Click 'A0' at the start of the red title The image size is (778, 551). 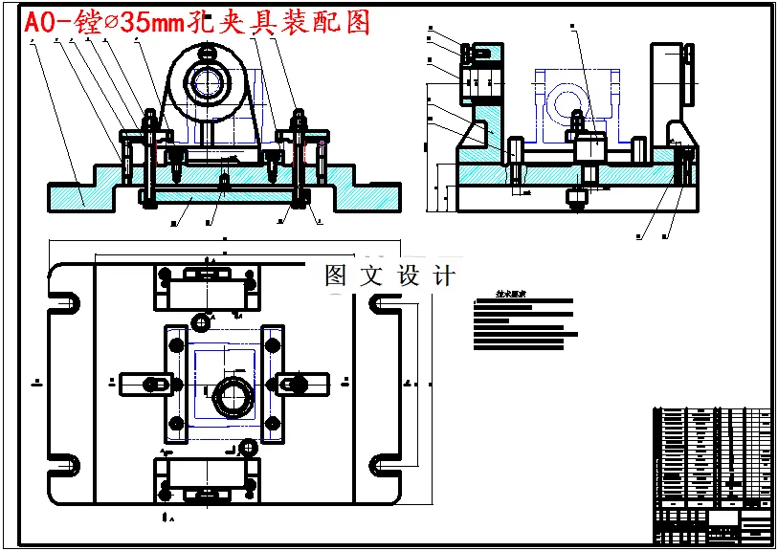40,23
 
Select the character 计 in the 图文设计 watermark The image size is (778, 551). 443,275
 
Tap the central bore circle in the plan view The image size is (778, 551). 230,395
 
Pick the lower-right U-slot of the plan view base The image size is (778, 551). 385,462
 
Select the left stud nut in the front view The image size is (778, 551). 149,120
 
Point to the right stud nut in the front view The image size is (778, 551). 299,120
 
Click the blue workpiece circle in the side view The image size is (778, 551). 565,102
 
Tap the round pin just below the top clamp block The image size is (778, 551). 202,320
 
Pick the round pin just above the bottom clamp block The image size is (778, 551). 249,447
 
